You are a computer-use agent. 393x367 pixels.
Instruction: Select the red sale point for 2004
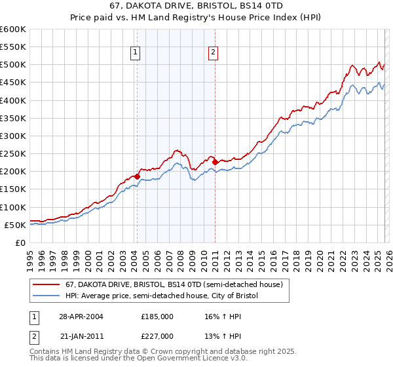point(137,176)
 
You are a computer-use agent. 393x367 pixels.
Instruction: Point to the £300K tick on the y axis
point(13,136)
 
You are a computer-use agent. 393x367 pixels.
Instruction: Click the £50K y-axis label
point(15,225)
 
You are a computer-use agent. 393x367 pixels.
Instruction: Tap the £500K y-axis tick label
point(13,64)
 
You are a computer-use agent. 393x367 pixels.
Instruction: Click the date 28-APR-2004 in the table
point(81,316)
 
